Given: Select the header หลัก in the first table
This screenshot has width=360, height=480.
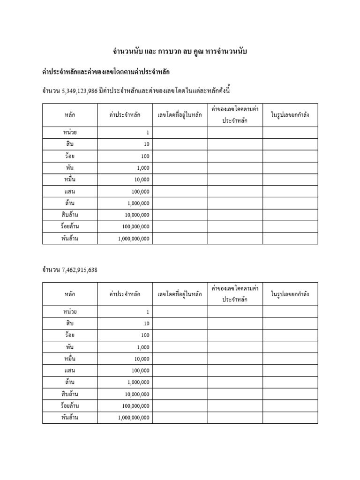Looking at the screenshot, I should click(x=70, y=115).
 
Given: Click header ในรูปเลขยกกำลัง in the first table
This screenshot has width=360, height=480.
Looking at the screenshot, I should click(x=290, y=115).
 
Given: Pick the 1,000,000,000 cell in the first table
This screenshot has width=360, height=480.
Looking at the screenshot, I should click(x=134, y=239).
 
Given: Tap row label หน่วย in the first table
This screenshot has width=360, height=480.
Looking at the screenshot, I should click(x=70, y=133).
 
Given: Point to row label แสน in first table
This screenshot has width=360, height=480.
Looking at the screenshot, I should click(x=70, y=191).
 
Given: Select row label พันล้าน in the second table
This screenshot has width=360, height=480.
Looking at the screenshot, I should click(x=70, y=417).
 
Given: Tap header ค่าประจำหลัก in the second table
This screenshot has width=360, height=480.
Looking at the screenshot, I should click(x=125, y=294).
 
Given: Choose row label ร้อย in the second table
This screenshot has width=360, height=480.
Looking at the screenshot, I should click(x=70, y=335).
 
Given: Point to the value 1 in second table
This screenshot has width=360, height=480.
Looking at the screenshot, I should click(x=147, y=312).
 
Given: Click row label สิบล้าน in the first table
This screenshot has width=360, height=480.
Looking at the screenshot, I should click(x=70, y=215).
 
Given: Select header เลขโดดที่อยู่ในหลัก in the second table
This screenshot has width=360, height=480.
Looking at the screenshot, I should click(x=180, y=294).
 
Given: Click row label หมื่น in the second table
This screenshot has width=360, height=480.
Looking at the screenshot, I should click(x=70, y=359).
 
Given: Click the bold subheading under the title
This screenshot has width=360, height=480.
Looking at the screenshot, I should click(x=106, y=72).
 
